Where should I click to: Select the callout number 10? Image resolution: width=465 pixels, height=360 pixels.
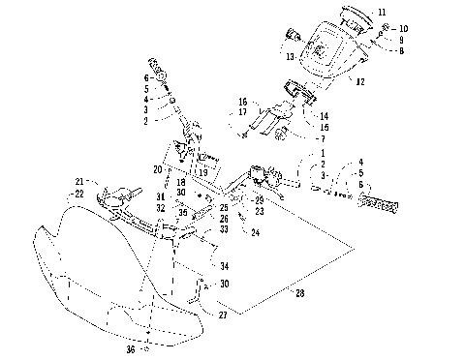coord(404,29)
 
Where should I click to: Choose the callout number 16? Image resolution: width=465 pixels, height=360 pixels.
coord(243,102)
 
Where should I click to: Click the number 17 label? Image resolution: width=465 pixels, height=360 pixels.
coord(243,113)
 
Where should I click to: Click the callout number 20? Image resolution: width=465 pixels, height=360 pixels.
coord(157,168)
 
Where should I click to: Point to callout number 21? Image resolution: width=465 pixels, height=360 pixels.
coord(80,181)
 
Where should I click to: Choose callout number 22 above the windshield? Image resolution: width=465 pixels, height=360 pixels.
coord(80,194)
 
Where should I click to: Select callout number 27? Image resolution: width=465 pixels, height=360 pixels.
coord(223,315)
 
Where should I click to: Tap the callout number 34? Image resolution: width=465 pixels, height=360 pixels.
coord(225,265)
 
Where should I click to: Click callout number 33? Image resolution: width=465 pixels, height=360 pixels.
coord(224,228)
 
